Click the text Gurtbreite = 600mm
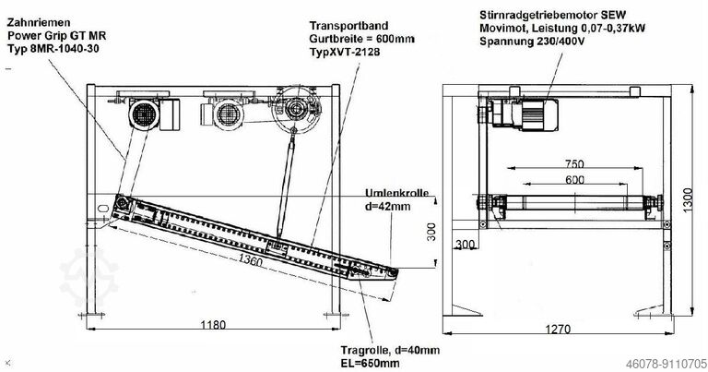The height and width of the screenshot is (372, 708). (x=360, y=40)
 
